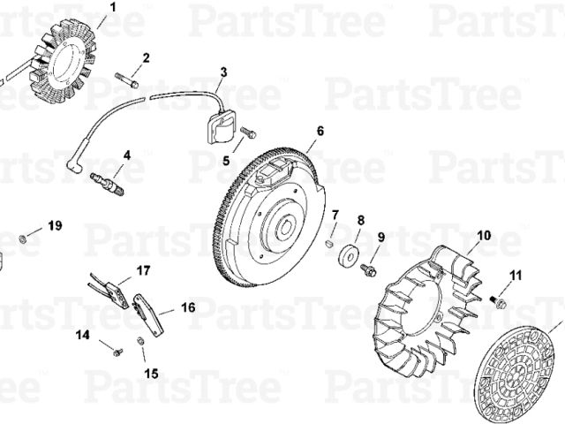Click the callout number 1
(113, 7)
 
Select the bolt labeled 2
(127, 80)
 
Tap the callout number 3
(223, 72)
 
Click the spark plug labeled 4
(107, 184)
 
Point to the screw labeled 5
(247, 132)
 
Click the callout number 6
(320, 131)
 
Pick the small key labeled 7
(328, 244)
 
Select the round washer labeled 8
(348, 255)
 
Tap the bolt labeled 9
(368, 270)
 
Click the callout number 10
(485, 236)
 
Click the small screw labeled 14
(117, 352)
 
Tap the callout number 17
(143, 270)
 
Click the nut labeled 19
(22, 238)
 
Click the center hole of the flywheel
(286, 228)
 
